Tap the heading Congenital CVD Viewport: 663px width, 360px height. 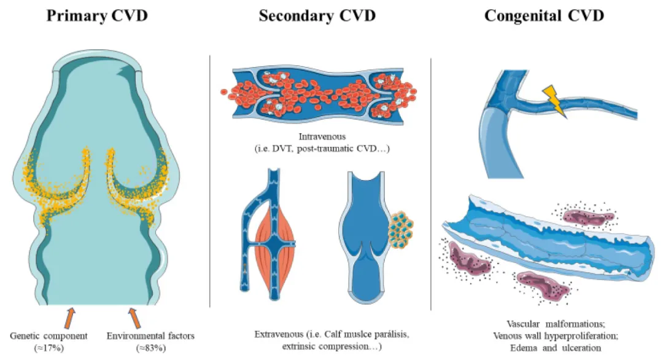[544, 15]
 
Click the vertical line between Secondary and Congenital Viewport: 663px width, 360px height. [432, 184]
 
